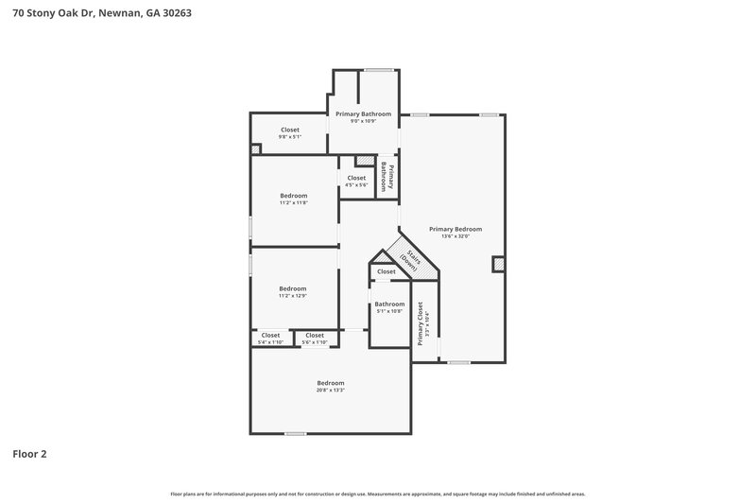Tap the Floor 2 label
29,454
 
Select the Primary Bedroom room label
455,229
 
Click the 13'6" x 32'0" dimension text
455,236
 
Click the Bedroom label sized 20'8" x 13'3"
331,383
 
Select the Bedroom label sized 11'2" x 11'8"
293,196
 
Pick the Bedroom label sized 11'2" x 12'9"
293,288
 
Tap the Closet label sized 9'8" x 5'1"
290,130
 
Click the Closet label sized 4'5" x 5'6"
356,178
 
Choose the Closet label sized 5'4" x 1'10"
270,335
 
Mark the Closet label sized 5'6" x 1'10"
315,335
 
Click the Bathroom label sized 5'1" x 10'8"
389,304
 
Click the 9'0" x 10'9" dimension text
364,121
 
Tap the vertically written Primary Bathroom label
387,177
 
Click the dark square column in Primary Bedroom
498,264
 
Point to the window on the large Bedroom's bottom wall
295,434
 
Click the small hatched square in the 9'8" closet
255,148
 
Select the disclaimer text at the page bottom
378,494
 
